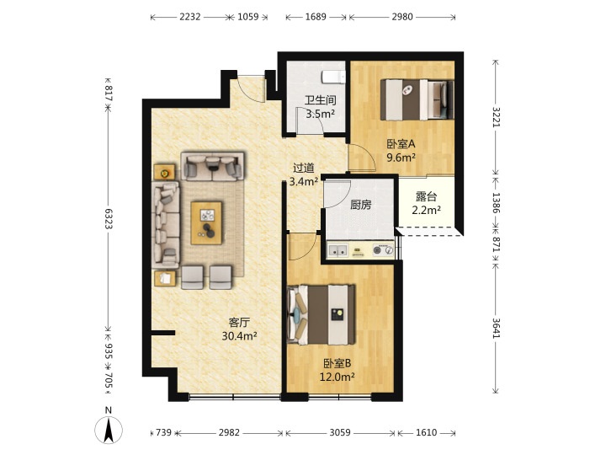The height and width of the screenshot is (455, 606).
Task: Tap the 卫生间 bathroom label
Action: [320, 100]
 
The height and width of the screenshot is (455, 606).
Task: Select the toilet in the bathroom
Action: [333, 77]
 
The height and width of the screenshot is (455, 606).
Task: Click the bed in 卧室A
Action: [417, 99]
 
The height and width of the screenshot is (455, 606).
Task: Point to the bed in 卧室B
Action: [322, 314]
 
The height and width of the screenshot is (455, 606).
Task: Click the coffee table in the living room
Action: [207, 222]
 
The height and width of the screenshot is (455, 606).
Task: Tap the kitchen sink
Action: [338, 251]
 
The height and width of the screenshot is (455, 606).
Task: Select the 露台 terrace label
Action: [426, 196]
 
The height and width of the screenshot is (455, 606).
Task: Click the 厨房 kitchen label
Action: [360, 205]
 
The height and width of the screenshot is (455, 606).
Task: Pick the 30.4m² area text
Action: [239, 336]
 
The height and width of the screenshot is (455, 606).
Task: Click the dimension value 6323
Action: [109, 218]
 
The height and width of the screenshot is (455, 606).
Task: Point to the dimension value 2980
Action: [402, 17]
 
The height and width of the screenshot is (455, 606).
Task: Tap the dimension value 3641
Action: [497, 328]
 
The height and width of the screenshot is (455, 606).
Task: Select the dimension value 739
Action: [163, 432]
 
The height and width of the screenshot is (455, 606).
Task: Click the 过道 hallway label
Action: [303, 168]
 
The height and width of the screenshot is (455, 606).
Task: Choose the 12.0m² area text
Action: [337, 377]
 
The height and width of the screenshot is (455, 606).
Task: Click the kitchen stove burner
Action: [378, 250]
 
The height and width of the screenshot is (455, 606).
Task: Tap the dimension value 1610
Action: [426, 432]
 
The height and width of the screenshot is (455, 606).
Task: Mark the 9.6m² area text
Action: [401, 158]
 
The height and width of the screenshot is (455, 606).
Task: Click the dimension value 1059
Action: [247, 17]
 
